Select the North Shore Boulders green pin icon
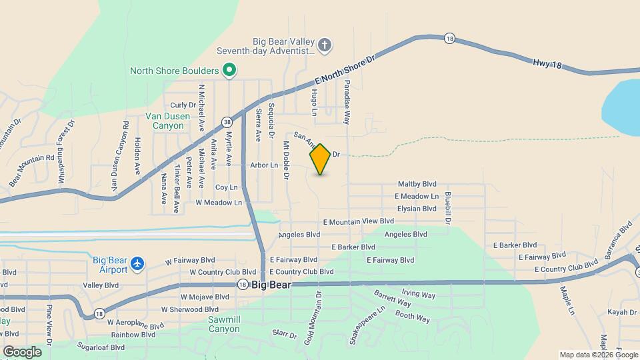point(229,70)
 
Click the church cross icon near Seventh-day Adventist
point(325,45)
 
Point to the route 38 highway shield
point(228,122)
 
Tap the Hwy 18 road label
point(547,64)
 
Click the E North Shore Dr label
point(346,69)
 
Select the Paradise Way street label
point(347,102)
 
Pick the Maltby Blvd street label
point(417,184)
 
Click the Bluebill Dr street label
point(448,207)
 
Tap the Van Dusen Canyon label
point(163,120)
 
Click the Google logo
point(21,351)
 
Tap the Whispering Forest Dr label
point(67,151)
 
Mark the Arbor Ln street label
point(263,165)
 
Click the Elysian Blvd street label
point(416,209)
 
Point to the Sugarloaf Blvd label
point(100,347)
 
